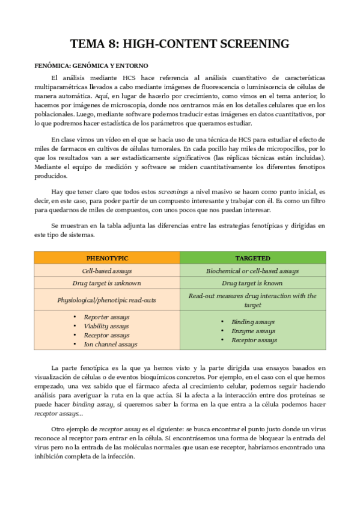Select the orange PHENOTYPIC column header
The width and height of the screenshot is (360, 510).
coord(107,258)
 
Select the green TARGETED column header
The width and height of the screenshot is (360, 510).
coord(252,258)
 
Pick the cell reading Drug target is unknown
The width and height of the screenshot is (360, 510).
coord(107,283)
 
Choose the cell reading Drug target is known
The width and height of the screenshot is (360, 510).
coord(252,283)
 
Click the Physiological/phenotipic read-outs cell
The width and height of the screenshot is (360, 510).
coord(107,300)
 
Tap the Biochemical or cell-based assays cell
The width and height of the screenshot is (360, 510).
coord(252,271)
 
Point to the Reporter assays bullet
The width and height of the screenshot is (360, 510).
coord(106,317)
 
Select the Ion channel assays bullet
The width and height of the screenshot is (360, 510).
coord(111,345)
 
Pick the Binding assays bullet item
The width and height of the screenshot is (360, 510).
coord(252,322)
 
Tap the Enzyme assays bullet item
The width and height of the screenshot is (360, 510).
coord(253,331)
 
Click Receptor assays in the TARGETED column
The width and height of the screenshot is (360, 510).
coord(254,340)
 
